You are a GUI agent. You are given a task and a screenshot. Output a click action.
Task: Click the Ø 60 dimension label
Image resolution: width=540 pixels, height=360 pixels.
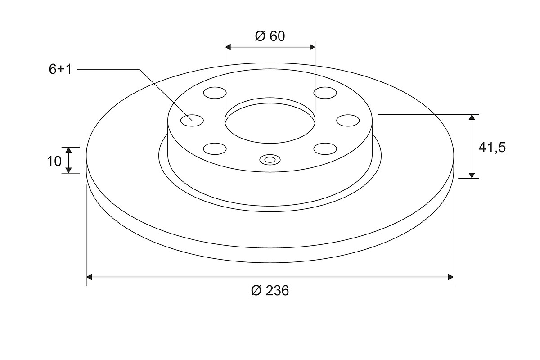coord(270,36)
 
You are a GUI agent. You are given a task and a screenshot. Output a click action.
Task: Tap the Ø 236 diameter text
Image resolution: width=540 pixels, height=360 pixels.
coord(270,290)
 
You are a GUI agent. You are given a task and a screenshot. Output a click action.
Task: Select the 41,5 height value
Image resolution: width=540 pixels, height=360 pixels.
coord(492,148)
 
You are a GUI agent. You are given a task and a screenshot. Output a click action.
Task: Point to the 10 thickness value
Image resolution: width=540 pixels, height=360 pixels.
coord(54,161)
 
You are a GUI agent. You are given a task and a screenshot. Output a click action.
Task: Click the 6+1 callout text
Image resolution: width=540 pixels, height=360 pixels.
coord(60,69)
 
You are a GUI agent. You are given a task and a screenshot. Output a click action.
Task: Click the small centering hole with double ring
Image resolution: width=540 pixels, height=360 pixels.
coord(270,160)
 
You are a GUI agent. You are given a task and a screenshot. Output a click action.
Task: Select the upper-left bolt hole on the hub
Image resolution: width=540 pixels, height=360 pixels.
coord(215,93)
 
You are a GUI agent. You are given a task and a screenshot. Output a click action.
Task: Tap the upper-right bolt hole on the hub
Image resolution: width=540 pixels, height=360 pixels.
coord(325,93)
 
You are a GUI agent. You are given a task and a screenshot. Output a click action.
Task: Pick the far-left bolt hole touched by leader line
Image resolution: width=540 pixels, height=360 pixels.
coord(192,121)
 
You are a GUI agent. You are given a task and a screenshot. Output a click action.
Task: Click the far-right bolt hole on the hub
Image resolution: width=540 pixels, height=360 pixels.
coord(348,121)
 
